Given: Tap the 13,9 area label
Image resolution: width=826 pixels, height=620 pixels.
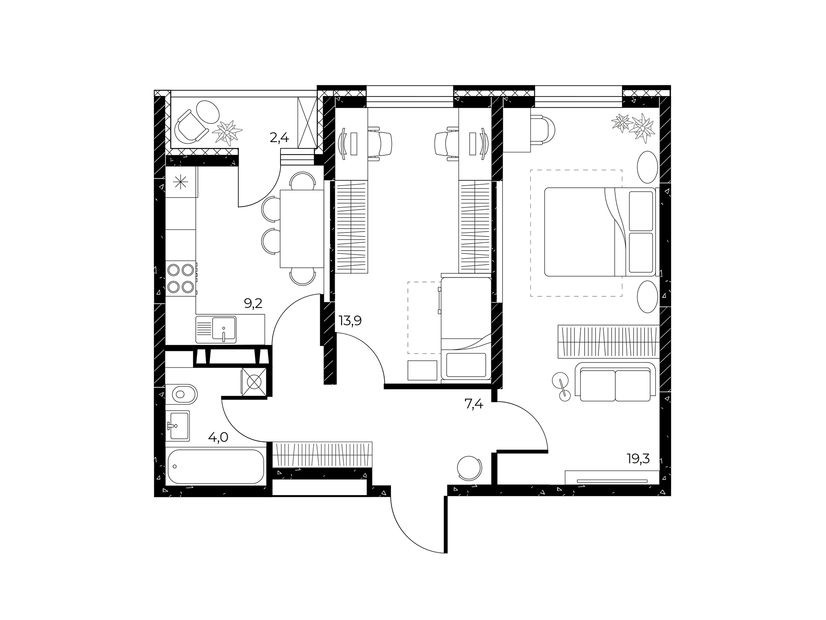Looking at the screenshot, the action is point(350,320).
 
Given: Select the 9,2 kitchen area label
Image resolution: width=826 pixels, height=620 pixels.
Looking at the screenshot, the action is point(253,304).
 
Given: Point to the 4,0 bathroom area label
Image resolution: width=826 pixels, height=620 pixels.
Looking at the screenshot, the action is point(218,437).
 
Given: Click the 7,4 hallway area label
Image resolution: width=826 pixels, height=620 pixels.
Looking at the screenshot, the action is point(474,405).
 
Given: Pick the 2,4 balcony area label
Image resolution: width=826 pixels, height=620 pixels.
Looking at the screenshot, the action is point(279,138).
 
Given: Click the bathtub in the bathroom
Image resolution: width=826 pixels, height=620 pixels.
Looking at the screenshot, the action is point(216,467).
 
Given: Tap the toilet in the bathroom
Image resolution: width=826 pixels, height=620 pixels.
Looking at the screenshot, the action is point(182,393).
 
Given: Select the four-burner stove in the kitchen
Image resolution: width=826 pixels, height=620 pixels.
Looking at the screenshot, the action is point(181,278).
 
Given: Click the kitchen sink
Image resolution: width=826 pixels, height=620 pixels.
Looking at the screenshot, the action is point(216,329).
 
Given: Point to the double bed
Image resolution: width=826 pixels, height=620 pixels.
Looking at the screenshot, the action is point(600,232).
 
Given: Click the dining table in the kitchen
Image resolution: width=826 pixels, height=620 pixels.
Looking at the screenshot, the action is point(302,229).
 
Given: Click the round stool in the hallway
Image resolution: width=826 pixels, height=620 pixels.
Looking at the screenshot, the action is point(469,468).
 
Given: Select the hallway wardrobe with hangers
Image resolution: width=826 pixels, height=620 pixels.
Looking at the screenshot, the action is point(322,454).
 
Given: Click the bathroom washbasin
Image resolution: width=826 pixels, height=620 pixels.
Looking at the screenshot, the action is point(178,426).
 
